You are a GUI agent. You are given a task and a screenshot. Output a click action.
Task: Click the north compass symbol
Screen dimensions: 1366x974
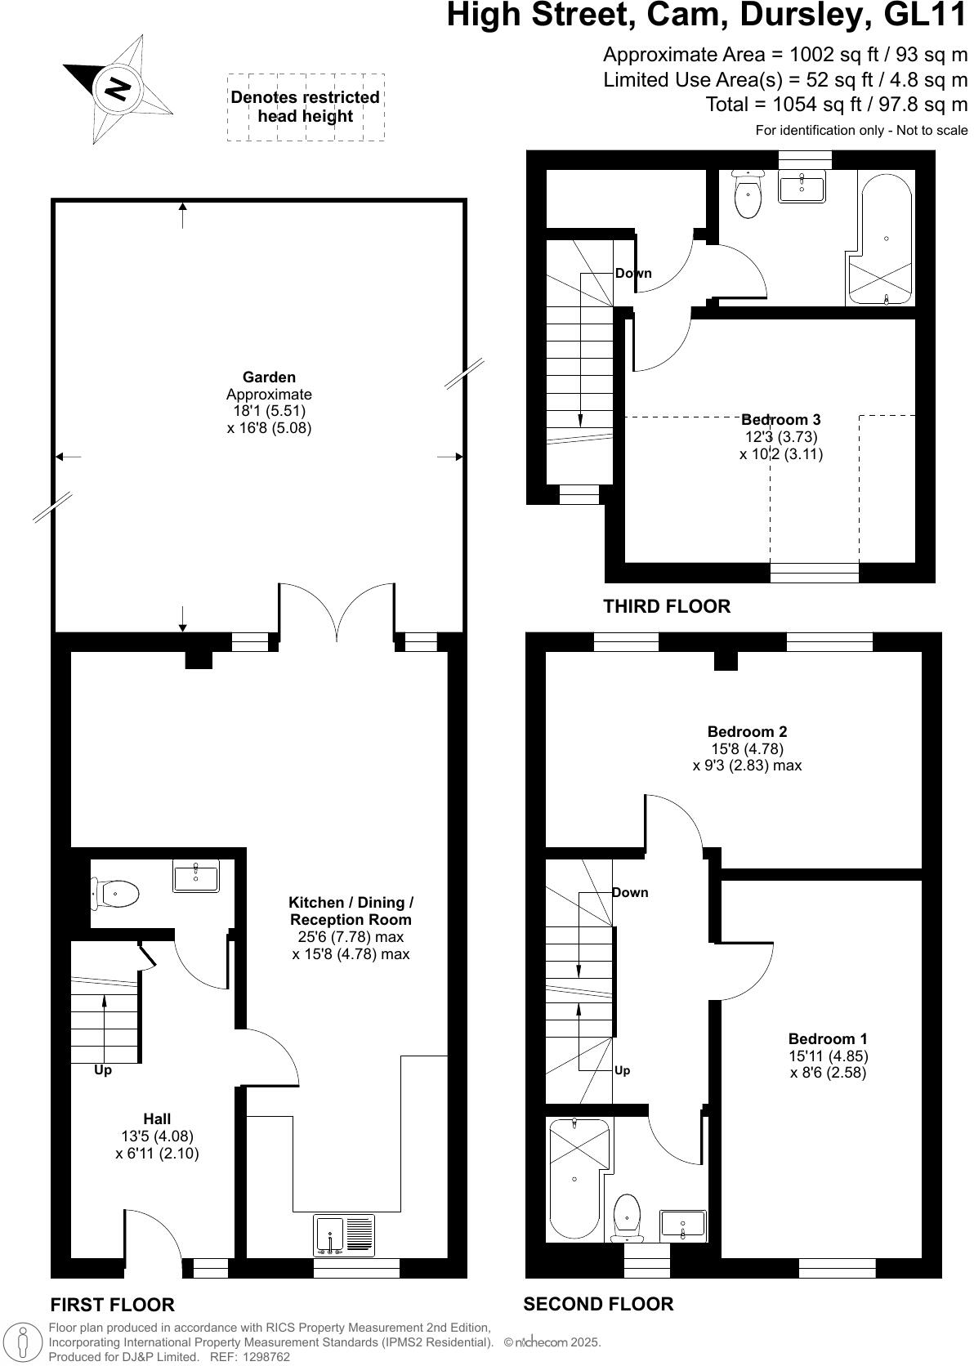pos(117,88)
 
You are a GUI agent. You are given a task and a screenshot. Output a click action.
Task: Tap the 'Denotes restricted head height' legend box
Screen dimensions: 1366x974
pos(305,107)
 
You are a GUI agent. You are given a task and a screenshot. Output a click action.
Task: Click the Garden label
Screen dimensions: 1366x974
pos(269,377)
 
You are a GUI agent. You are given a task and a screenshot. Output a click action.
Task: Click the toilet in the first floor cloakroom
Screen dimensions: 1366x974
pos(114,894)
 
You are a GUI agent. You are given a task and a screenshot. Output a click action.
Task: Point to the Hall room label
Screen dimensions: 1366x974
pos(157,1118)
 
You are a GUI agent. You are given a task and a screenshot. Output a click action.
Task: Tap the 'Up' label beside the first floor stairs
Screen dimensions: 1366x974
pos(103,1069)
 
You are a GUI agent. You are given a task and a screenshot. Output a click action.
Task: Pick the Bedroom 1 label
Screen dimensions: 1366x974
pos(828,1038)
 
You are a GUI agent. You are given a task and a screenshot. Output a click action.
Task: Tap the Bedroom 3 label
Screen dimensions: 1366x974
pos(781,420)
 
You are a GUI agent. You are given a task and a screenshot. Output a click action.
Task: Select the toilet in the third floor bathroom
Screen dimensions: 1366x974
pos(748,194)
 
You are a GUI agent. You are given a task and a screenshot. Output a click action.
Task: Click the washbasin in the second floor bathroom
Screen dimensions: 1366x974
pos(683,1225)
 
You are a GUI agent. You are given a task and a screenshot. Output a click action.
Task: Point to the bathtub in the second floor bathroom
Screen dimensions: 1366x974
pos(577,1176)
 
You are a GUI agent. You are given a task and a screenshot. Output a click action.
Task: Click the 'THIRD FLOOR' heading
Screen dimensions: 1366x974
pos(667,606)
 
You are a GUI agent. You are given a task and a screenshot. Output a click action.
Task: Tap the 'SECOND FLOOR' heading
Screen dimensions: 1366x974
pos(598,1304)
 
